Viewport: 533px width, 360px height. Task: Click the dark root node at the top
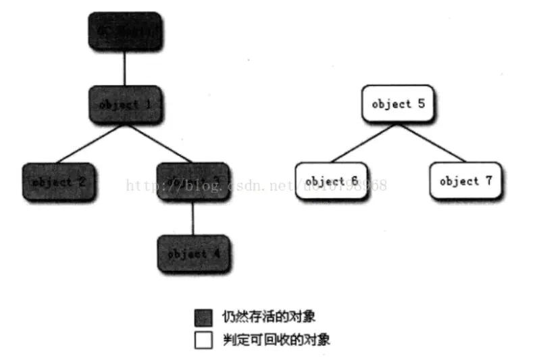124,30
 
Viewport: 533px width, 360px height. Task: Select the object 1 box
124,105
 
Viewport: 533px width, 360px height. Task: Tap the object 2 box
59,182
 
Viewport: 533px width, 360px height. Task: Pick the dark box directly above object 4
193,181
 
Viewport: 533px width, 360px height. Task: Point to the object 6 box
331,181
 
